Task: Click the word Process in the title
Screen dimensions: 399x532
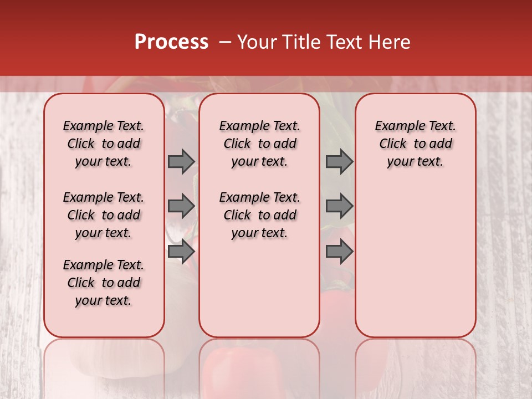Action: [x=171, y=42]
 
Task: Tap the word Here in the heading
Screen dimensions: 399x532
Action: [x=390, y=42]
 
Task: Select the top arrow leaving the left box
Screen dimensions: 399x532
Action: [x=181, y=161]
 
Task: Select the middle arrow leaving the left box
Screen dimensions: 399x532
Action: [x=181, y=206]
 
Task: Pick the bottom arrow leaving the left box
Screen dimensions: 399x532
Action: [x=181, y=251]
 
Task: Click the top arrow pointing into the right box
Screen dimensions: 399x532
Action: [x=339, y=161]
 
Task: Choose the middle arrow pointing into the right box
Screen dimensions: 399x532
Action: [x=339, y=206]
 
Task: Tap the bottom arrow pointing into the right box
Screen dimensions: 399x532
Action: [x=339, y=251]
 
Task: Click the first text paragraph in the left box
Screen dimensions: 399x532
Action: [x=104, y=144]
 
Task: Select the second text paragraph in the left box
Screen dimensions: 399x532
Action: [x=104, y=215]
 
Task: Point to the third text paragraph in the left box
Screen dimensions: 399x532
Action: [x=104, y=283]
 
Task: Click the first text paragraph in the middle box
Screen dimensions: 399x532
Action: [x=259, y=144]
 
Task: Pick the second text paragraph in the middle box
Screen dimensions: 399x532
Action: [x=259, y=215]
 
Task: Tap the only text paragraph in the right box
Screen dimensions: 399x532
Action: [x=415, y=144]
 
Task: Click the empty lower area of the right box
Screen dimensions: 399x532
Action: [x=415, y=266]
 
